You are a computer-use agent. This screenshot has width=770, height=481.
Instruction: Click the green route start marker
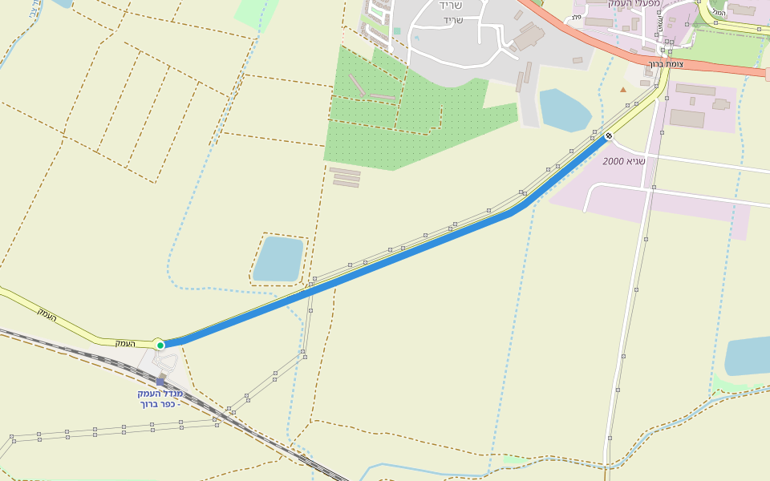tap(160, 346)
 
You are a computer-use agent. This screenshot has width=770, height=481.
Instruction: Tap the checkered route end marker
tap(609, 135)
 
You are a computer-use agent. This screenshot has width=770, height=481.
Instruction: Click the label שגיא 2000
tap(624, 161)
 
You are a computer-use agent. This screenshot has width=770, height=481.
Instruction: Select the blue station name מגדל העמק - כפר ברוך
tap(160, 398)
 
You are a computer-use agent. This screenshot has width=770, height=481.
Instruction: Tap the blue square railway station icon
tap(160, 382)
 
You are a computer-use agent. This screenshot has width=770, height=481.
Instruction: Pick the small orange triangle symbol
tap(623, 89)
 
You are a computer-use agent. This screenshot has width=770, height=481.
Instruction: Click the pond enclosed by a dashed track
tap(278, 259)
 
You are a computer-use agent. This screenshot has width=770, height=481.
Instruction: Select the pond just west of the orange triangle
tap(565, 111)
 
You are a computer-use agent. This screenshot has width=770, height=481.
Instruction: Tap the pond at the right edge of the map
tap(748, 356)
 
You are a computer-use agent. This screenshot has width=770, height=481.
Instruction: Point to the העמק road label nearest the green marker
tap(124, 343)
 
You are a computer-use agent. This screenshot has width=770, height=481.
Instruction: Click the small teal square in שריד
tap(397, 31)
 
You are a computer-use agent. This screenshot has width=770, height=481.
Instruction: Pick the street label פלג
tap(576, 17)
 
